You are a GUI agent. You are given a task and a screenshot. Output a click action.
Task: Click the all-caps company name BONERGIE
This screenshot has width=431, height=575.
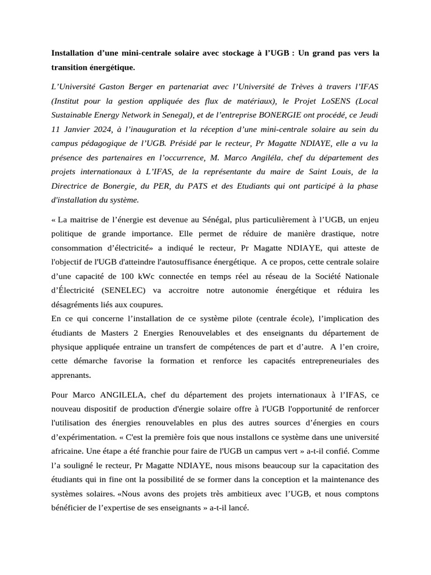click(279, 115)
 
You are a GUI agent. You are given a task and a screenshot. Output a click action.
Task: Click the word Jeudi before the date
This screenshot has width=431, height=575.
click(367, 115)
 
